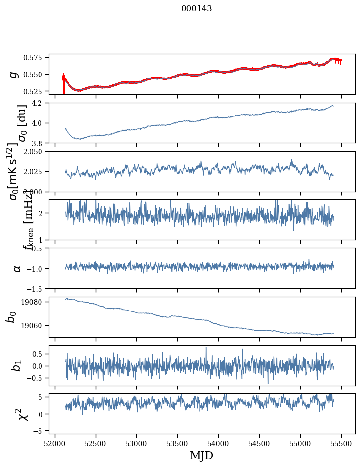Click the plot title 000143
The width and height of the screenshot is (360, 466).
pyautogui.click(x=197, y=8)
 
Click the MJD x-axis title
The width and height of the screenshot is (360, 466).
pyautogui.click(x=201, y=455)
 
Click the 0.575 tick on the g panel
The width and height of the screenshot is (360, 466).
pyautogui.click(x=36, y=58)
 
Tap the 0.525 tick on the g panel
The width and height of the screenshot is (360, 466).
pyautogui.click(x=36, y=91)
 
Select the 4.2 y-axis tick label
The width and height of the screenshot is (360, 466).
pyautogui.click(x=40, y=103)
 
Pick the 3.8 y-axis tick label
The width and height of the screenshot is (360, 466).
pyautogui.click(x=40, y=143)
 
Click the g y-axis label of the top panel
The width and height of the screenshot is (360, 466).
pyautogui.click(x=14, y=74)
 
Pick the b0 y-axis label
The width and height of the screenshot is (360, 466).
pyautogui.click(x=12, y=317)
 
